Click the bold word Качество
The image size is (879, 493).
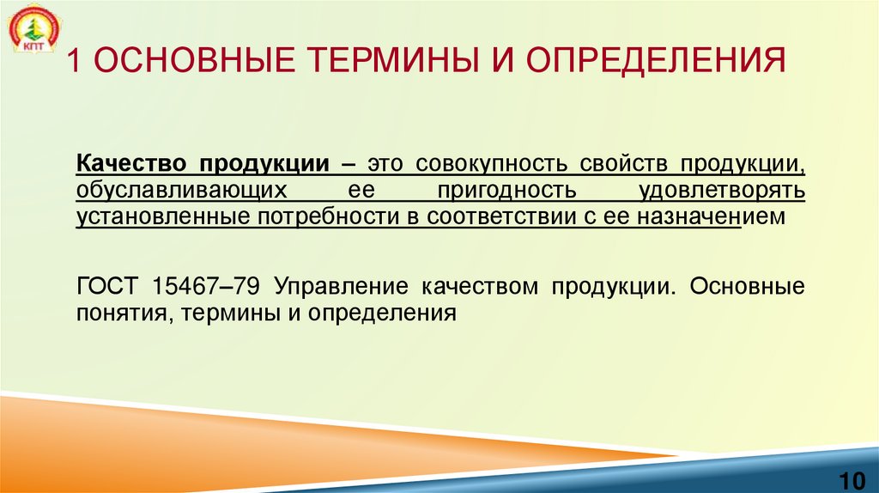click(132, 163)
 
